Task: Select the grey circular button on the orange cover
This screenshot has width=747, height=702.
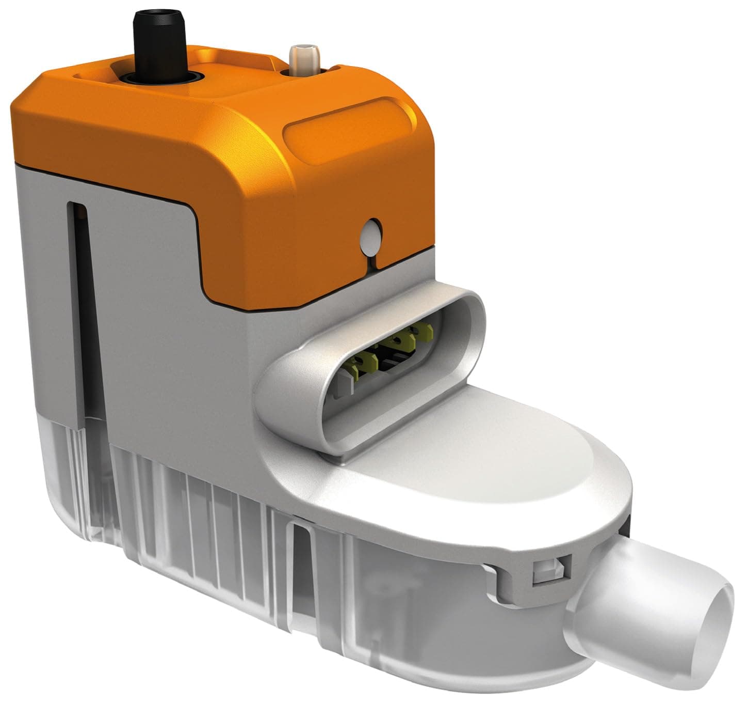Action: [x=371, y=237]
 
